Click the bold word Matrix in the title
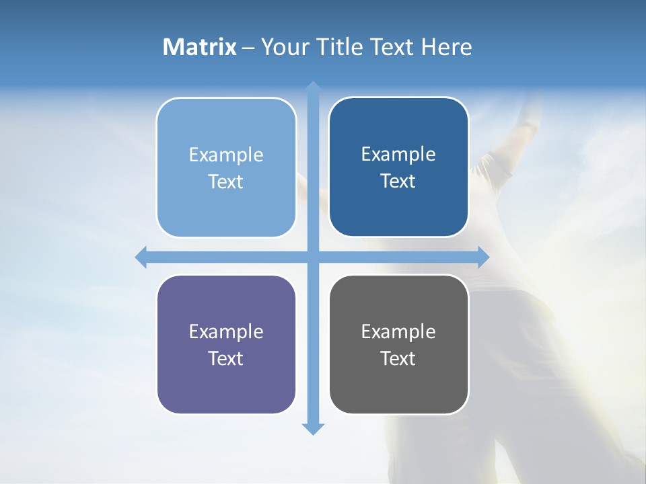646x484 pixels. point(200,47)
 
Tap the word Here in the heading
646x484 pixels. point(446,47)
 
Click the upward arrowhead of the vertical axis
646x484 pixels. point(313,87)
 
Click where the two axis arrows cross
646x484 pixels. point(313,257)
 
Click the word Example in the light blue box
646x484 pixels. point(226,155)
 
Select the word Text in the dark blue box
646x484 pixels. point(398,182)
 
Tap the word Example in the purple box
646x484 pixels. point(226,332)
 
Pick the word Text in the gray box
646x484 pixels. point(398,359)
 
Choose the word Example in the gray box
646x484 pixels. point(398,332)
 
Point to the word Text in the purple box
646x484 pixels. point(226,359)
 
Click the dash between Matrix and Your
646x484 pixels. point(248,48)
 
